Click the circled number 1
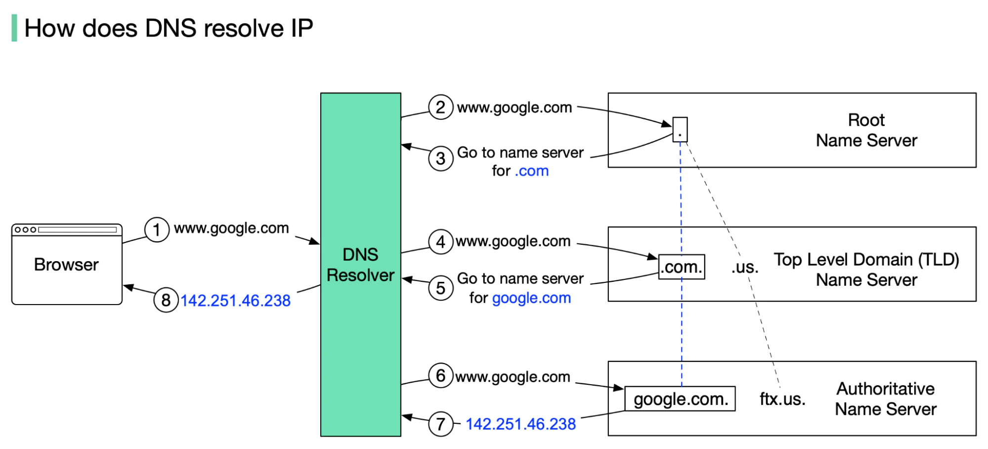click(157, 230)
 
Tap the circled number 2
click(440, 107)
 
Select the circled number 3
click(440, 159)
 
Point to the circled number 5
click(440, 288)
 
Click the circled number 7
click(440, 424)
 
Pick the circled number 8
click(166, 300)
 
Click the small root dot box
click(680, 130)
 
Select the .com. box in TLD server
click(682, 267)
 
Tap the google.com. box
click(680, 399)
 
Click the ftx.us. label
click(782, 399)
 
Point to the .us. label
click(745, 268)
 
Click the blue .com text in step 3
click(532, 171)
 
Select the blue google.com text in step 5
click(531, 298)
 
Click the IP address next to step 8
click(235, 301)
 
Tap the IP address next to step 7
click(520, 424)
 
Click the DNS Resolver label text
click(360, 265)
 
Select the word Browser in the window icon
click(66, 265)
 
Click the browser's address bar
click(78, 230)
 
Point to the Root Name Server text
click(866, 131)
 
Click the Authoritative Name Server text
click(885, 399)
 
